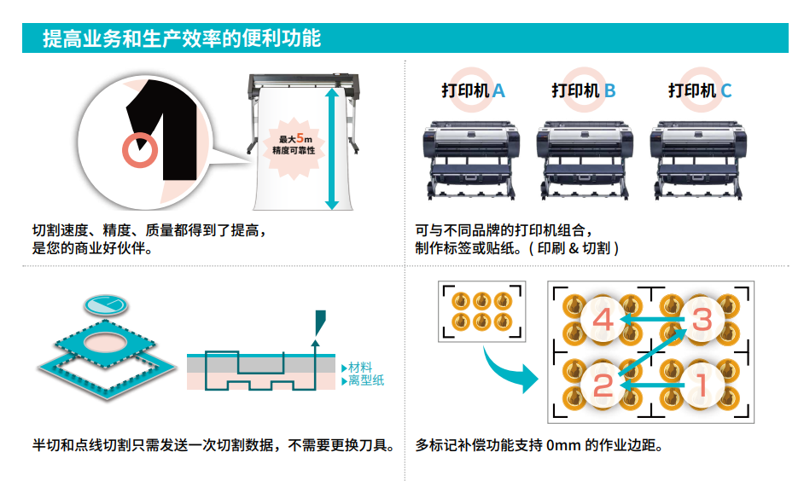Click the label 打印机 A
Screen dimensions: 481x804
coord(473,90)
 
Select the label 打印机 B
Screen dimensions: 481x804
coord(584,90)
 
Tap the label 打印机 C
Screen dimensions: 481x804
coord(700,90)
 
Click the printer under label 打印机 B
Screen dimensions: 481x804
coord(584,158)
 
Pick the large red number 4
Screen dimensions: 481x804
coord(603,321)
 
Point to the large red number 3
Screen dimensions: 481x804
coord(701,320)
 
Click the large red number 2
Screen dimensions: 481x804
coord(603,385)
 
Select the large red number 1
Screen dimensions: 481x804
coord(701,385)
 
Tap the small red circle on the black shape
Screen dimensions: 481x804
coord(138,150)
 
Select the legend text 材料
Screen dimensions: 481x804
coord(360,367)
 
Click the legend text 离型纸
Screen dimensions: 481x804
coord(365,380)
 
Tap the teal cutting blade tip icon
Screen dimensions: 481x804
coord(318,322)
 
